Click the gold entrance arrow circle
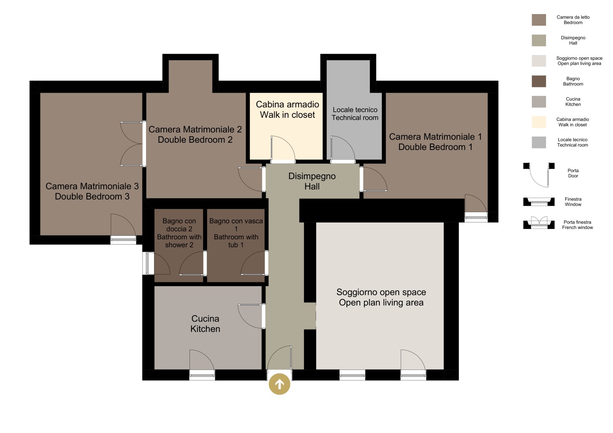click(279, 384)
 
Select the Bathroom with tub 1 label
click(236, 233)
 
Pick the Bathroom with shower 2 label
click(179, 233)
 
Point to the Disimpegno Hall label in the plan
click(312, 181)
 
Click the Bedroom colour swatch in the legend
click(539, 20)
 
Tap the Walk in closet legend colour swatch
click(539, 122)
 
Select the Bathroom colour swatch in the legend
click(539, 81)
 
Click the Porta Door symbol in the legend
click(539, 175)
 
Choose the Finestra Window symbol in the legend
click(539, 201)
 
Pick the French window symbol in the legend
click(539, 223)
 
